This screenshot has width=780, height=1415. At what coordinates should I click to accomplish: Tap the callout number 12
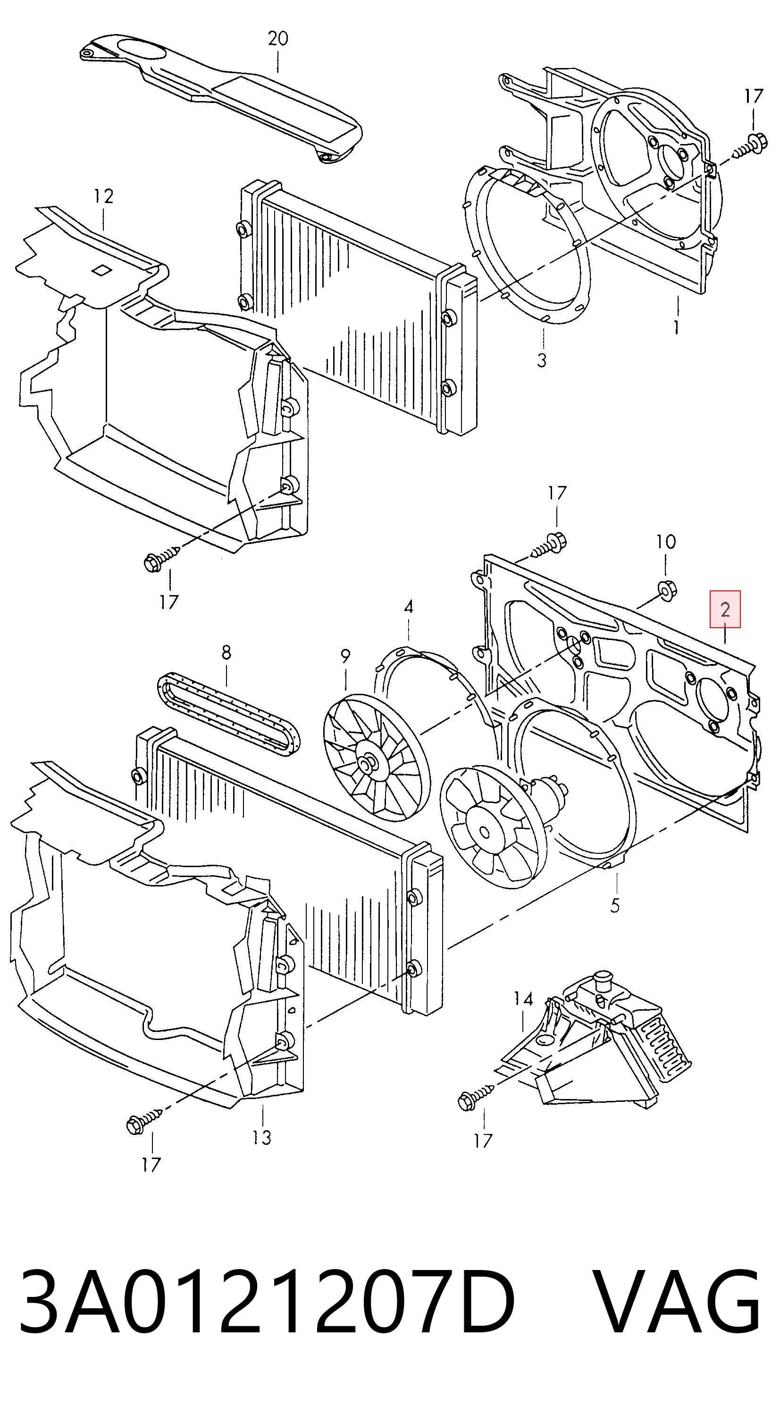click(103, 196)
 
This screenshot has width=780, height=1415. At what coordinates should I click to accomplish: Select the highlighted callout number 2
click(725, 609)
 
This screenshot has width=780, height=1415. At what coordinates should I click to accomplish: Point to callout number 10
click(665, 542)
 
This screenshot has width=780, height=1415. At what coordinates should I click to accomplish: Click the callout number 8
click(226, 652)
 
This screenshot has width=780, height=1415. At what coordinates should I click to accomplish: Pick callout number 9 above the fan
click(345, 656)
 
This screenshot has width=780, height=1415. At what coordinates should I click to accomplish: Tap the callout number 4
click(408, 607)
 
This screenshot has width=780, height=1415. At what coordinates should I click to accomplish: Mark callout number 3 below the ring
click(542, 360)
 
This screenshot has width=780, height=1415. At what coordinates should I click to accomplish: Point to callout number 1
click(677, 327)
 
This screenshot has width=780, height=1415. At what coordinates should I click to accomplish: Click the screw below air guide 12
click(162, 556)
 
